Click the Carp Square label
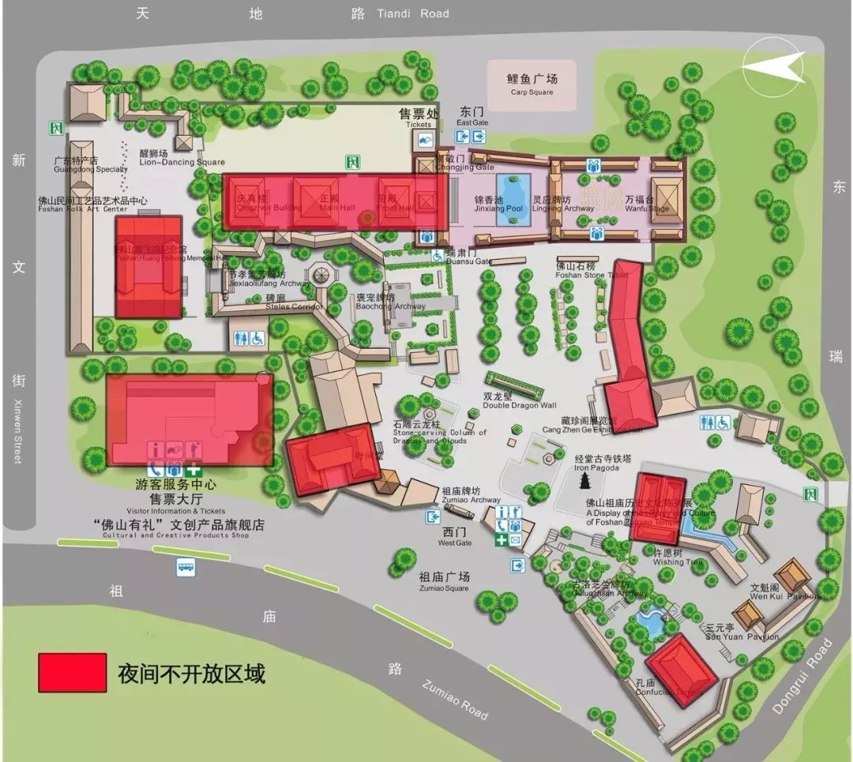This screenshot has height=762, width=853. [x=532, y=84]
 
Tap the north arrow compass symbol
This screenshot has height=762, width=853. [x=773, y=66]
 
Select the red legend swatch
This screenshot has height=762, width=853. [x=72, y=672]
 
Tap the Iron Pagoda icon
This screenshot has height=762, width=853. [x=585, y=482]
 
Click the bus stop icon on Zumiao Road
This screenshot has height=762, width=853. [x=186, y=566]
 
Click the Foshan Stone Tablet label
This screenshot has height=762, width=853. [x=585, y=271]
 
